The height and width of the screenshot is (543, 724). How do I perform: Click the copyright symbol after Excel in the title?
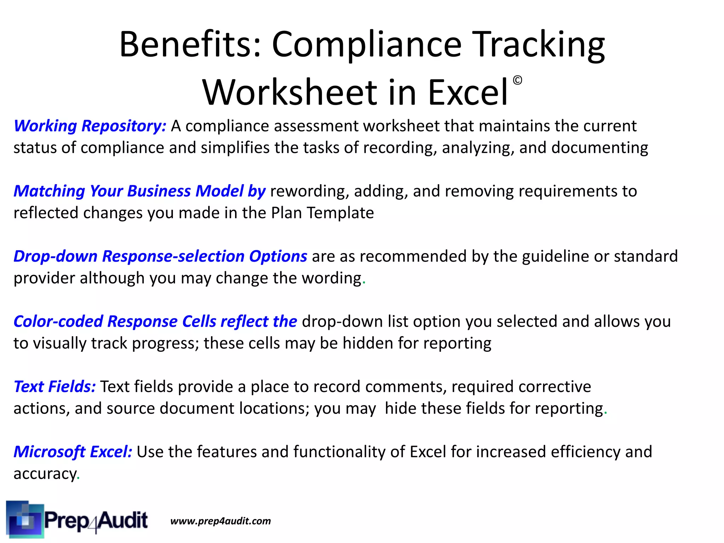(x=517, y=81)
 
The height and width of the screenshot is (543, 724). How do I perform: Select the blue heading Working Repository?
(x=90, y=126)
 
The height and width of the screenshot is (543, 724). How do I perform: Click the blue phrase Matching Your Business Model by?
(x=139, y=191)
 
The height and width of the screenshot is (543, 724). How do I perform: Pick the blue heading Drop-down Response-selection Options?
(x=160, y=256)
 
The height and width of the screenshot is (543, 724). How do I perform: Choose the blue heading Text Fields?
(x=54, y=386)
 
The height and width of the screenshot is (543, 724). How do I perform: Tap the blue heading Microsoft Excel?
(x=73, y=452)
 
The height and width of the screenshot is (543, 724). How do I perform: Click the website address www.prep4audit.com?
(x=221, y=521)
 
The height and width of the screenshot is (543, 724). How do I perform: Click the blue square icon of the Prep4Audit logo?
(x=25, y=519)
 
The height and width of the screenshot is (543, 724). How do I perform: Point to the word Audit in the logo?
(x=122, y=520)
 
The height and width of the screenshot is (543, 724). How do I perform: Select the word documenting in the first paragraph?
(x=600, y=148)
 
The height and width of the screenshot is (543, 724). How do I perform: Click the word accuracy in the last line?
(x=45, y=474)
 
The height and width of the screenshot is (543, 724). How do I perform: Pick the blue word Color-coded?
(x=58, y=321)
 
